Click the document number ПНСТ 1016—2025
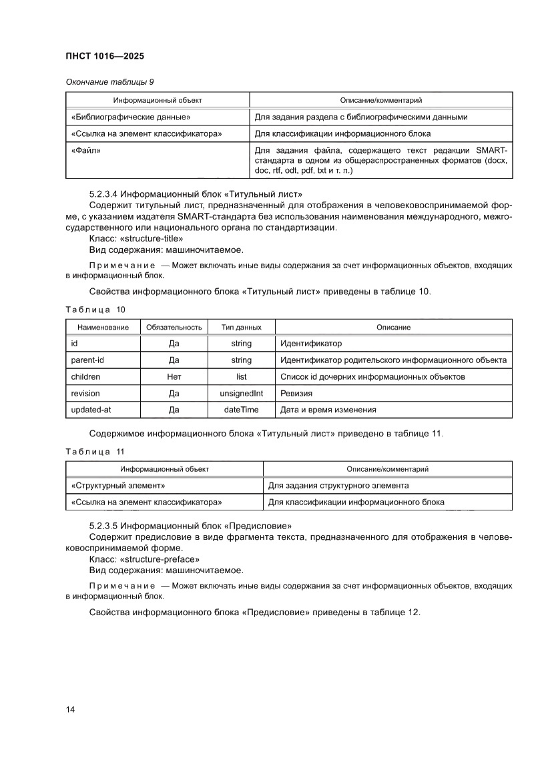click(105, 56)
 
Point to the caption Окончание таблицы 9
click(109, 82)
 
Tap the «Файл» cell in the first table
click(83, 150)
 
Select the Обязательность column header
click(174, 328)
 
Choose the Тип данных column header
click(241, 328)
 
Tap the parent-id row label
click(87, 360)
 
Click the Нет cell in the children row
click(174, 377)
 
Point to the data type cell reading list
click(241, 377)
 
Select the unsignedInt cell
click(241, 394)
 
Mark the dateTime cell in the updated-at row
click(241, 410)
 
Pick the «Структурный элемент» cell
click(117, 485)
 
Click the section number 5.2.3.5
click(103, 526)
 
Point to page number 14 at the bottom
click(71, 709)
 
